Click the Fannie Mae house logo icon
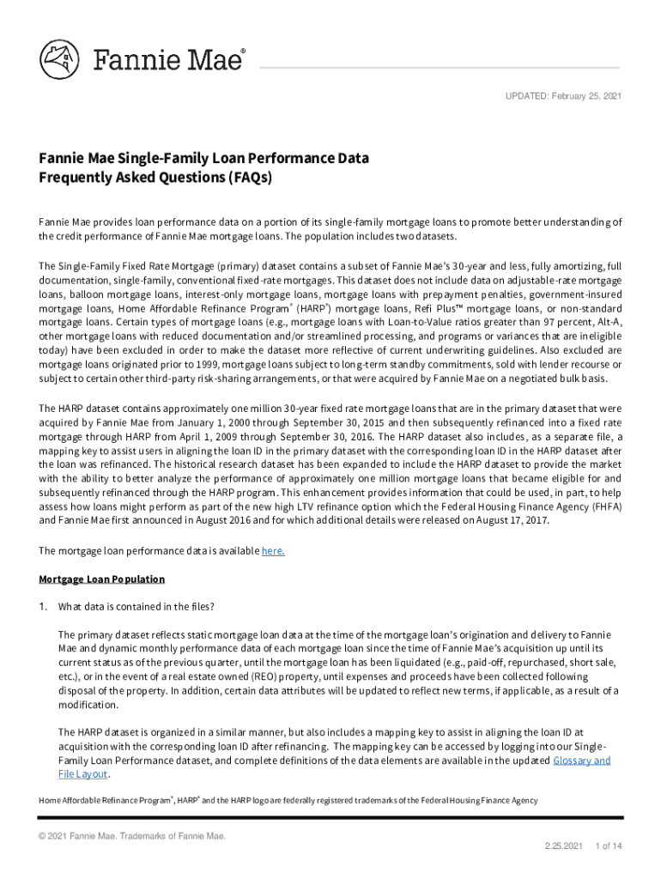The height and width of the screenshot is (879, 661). click(59, 61)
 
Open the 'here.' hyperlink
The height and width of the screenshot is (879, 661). click(273, 551)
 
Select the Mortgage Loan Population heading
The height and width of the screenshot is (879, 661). click(101, 579)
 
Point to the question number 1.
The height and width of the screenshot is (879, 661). click(42, 608)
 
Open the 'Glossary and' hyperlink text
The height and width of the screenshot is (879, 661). click(582, 761)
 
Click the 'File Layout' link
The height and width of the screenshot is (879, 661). click(82, 774)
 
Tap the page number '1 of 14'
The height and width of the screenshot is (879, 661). click(608, 846)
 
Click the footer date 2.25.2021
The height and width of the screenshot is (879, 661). click(562, 846)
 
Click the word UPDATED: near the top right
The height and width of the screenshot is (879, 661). click(525, 94)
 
